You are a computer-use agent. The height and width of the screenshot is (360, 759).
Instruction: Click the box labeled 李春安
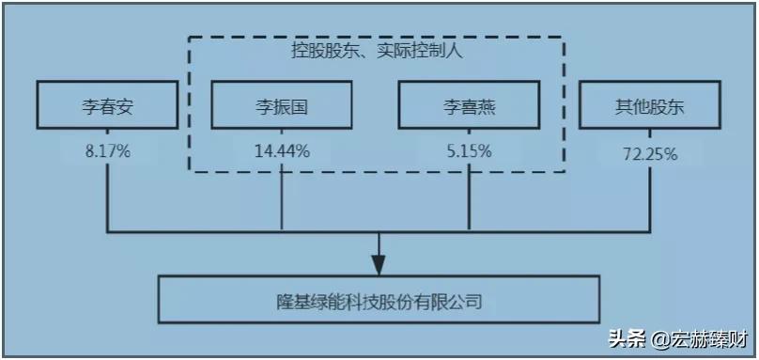point(107,105)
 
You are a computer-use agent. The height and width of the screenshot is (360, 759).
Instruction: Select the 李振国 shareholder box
point(282,105)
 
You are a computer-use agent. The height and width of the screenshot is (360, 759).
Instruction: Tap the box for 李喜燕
point(469,105)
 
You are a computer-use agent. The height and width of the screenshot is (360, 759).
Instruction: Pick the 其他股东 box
point(650,105)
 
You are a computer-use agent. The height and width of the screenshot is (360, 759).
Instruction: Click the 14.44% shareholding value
point(282,150)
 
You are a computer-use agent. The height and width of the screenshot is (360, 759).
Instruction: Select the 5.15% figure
point(468,150)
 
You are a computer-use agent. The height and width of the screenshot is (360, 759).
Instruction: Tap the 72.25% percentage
point(650,154)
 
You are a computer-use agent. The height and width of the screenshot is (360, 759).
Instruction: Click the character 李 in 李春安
point(87,106)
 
